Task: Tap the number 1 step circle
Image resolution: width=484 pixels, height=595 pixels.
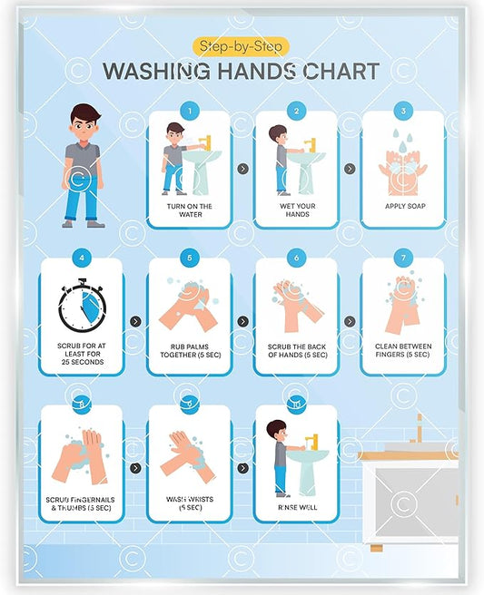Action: tap(189, 111)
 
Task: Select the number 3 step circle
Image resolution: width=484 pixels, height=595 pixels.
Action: tap(403, 111)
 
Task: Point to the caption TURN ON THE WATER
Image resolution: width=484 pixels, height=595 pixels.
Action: tap(189, 211)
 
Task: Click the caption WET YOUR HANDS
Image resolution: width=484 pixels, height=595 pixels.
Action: tap(296, 211)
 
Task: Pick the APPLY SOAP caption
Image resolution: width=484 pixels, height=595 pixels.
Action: tap(403, 206)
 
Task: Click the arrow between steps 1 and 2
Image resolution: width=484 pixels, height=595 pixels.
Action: tap(242, 168)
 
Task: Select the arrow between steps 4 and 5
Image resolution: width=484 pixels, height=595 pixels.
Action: tap(135, 321)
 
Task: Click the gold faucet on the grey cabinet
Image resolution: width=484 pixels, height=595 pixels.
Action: tap(420, 428)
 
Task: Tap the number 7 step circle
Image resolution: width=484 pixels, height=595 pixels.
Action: tap(403, 258)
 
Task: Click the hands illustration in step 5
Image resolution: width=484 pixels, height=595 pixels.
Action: tap(189, 307)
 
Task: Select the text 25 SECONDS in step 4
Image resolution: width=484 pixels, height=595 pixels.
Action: tap(81, 362)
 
